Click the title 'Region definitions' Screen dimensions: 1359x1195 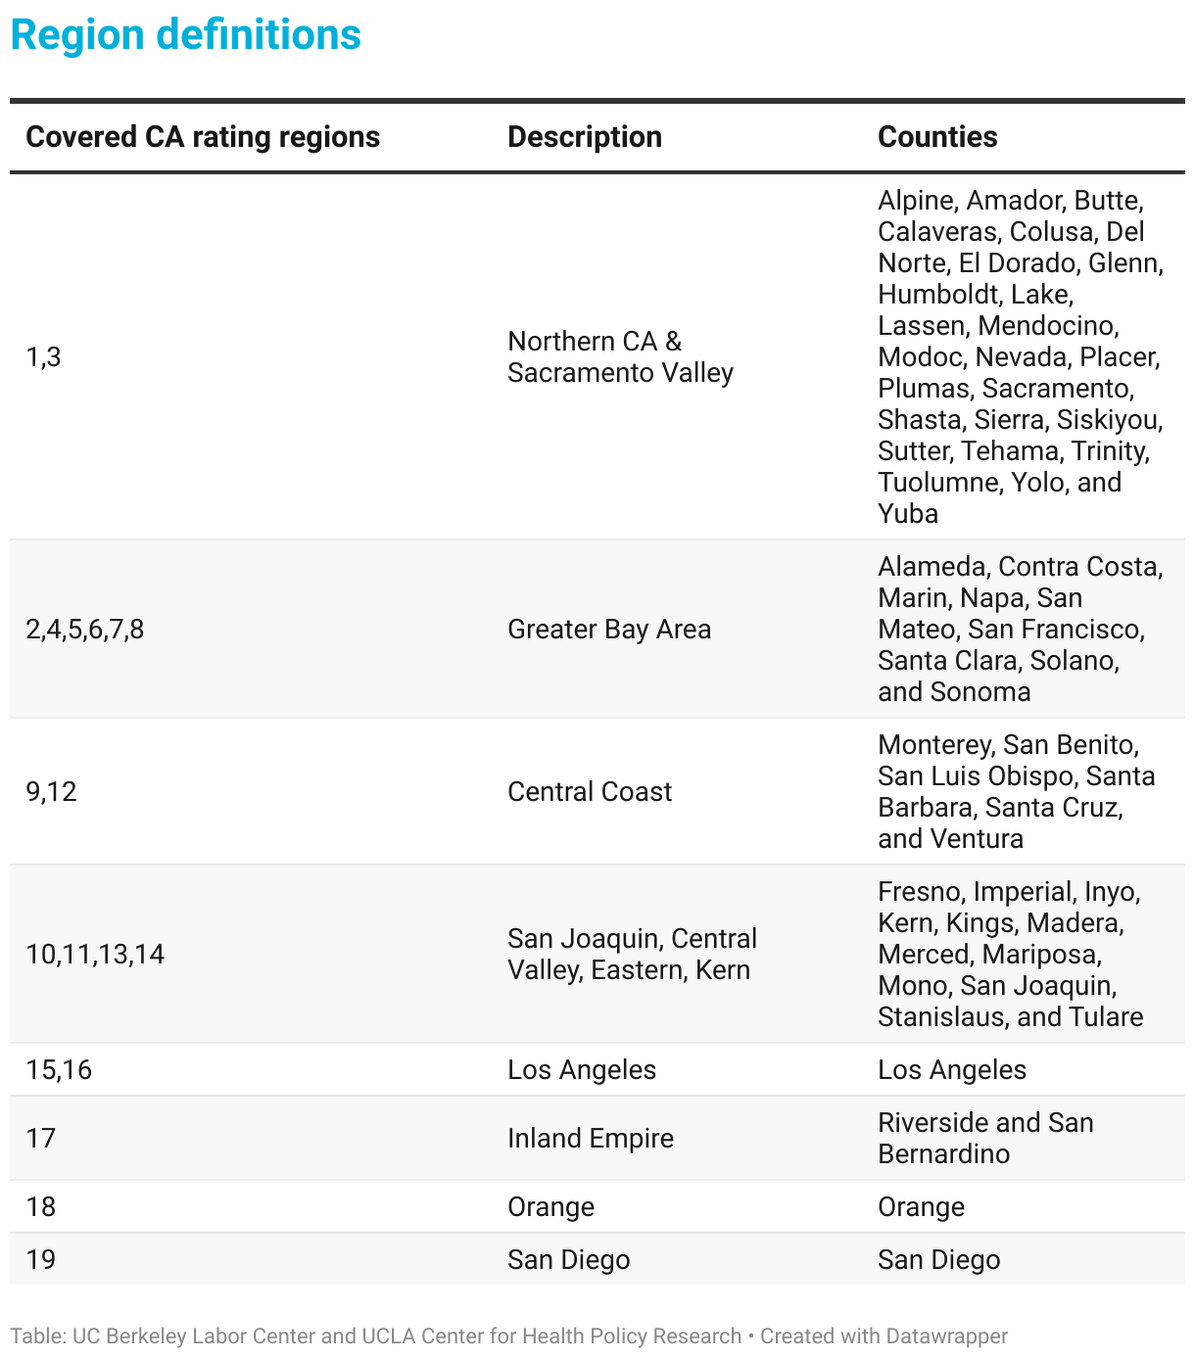click(x=185, y=35)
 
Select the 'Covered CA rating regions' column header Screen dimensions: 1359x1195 click(x=203, y=137)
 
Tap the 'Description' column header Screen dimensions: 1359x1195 click(x=584, y=137)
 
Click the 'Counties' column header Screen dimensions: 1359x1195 click(x=936, y=137)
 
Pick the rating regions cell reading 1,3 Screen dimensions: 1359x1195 click(x=43, y=357)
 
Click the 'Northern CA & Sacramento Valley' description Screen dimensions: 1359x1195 click(x=619, y=357)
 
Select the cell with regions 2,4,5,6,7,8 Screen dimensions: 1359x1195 click(x=85, y=630)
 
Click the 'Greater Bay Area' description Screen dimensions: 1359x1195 click(x=608, y=630)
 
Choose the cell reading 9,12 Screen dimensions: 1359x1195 click(x=51, y=792)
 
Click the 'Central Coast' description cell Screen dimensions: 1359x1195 click(x=589, y=792)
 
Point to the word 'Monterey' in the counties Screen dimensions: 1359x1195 click(x=934, y=745)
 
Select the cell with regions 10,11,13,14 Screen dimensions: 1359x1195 click(x=95, y=955)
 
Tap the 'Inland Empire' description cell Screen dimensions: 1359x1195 click(x=590, y=1139)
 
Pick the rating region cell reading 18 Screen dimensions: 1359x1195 click(x=41, y=1207)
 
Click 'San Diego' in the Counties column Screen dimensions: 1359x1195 click(x=938, y=1260)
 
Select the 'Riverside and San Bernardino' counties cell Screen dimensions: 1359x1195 click(x=984, y=1139)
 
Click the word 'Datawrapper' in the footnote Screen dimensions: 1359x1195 click(x=946, y=1336)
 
